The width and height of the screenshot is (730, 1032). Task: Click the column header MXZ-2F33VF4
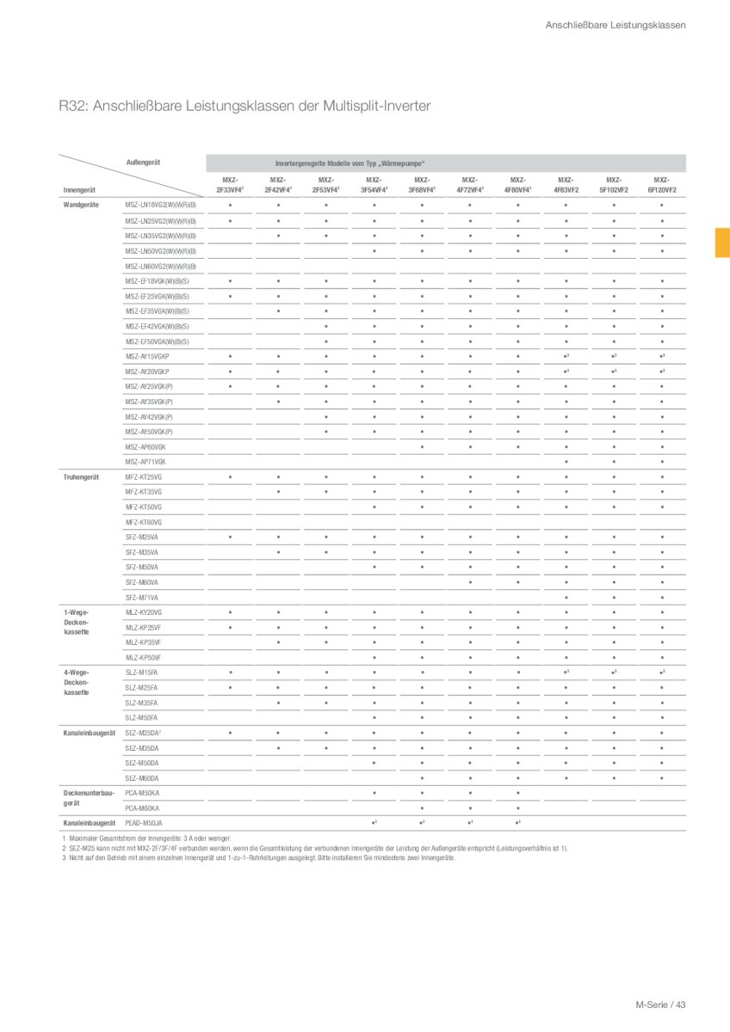230,184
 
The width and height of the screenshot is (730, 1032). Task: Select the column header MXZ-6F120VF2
662,184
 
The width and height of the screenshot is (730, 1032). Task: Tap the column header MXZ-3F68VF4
422,184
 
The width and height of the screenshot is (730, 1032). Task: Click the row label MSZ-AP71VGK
145,462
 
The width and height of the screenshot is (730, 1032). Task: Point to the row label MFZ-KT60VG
144,522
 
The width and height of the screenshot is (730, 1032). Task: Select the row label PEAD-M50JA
144,824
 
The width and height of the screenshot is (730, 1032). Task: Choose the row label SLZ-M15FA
141,673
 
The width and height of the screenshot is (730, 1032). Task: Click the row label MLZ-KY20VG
144,612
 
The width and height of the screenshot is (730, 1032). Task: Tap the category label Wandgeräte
82,205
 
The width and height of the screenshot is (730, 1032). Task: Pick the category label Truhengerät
82,476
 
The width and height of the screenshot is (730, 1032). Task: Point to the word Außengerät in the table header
145,162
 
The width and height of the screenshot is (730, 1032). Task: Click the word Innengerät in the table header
80,189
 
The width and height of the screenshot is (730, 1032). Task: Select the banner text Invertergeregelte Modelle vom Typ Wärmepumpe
350,163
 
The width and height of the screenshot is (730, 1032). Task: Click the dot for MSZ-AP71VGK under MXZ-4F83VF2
566,462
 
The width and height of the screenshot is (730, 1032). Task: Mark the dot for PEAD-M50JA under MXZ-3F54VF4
374,824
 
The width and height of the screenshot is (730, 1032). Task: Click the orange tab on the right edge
722,243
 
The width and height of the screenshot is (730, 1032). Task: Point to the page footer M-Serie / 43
660,1004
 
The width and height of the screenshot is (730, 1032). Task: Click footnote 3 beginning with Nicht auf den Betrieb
258,857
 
